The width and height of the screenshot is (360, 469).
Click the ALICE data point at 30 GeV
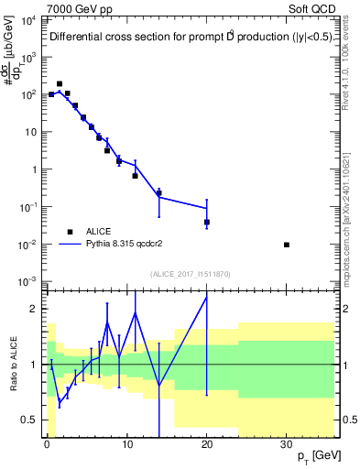click(287, 245)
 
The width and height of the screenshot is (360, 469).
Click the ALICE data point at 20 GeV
click(207, 222)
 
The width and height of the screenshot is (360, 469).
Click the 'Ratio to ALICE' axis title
click(12, 365)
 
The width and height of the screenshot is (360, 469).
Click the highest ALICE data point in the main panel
click(60, 83)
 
